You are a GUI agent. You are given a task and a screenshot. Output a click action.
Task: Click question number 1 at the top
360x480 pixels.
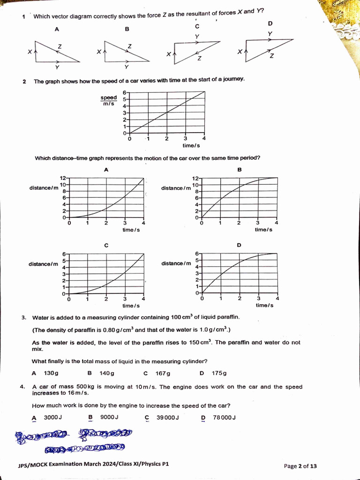tap(23, 17)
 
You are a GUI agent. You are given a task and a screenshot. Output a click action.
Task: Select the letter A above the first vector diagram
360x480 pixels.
tap(57, 29)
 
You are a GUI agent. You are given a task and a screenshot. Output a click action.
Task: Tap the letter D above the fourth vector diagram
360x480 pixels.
tap(270, 23)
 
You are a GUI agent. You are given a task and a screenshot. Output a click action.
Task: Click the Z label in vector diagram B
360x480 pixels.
tap(129, 46)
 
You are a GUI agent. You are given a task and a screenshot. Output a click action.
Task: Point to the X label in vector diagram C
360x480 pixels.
tap(168, 54)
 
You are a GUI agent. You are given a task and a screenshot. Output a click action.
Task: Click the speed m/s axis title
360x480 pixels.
tap(109, 100)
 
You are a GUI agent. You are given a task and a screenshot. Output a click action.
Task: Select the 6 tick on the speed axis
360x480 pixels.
tap(125, 92)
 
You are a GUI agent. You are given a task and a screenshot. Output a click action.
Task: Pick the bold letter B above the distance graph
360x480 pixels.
tap(240, 170)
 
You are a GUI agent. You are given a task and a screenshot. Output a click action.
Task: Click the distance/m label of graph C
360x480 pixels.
tap(44, 264)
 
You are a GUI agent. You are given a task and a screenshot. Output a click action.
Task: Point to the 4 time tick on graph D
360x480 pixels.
tap(277, 298)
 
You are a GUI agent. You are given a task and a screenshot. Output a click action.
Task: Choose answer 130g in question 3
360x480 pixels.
tap(51, 373)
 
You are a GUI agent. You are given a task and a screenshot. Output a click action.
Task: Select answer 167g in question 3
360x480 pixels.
tap(163, 373)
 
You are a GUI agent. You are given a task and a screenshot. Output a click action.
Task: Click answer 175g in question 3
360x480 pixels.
tap(219, 373)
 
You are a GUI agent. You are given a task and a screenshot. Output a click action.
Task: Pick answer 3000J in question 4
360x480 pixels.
tap(52, 417)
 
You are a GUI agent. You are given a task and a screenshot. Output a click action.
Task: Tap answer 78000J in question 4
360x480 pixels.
tap(224, 417)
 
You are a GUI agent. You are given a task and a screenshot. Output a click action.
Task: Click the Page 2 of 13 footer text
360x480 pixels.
tap(300, 466)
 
